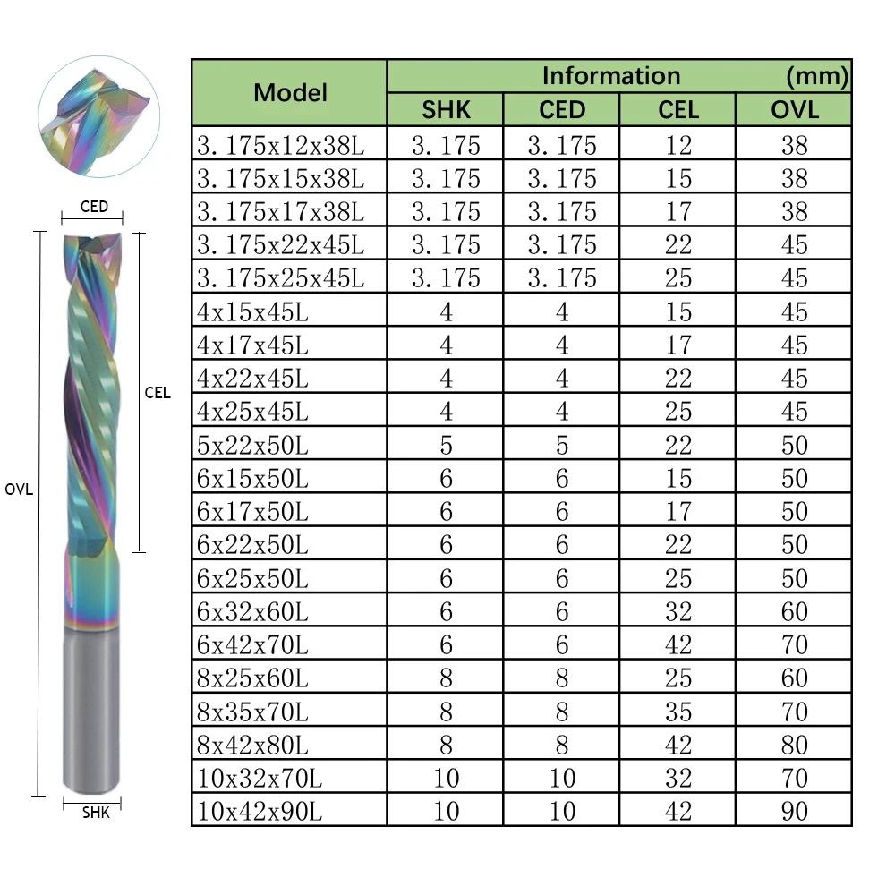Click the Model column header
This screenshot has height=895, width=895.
pos(290,92)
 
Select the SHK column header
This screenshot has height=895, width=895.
pos(446,109)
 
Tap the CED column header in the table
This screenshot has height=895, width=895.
pos(562,109)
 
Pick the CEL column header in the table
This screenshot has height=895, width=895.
pos(678,109)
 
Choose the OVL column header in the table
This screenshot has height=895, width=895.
pos(795,109)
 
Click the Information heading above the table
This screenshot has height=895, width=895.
pos(611,76)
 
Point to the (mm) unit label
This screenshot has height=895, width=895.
pos(817,76)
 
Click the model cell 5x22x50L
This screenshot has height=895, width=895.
pos(252,445)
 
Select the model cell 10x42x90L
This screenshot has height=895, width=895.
pos(260,811)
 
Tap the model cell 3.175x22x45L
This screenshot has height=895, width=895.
pos(280,245)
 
